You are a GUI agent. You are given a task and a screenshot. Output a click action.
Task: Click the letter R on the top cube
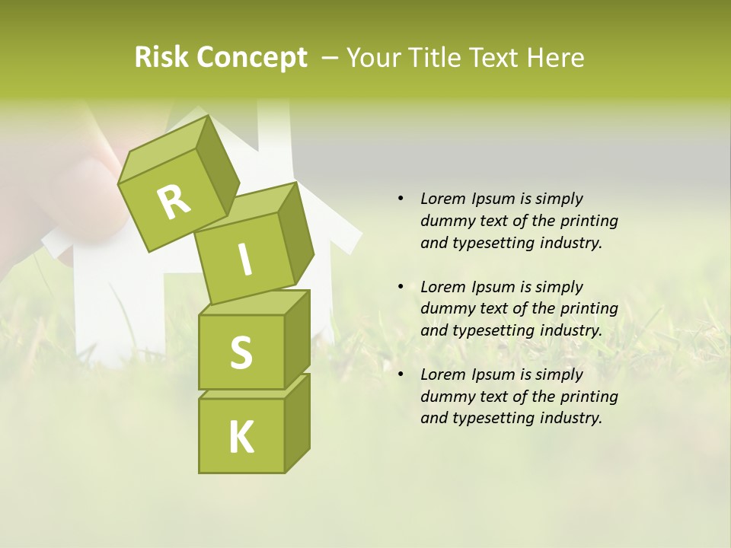(x=174, y=201)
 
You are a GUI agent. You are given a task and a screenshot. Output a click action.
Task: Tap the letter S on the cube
(x=241, y=352)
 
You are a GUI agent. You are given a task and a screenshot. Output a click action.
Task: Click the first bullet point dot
(x=401, y=199)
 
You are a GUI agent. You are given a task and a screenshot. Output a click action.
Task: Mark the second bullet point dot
(x=401, y=287)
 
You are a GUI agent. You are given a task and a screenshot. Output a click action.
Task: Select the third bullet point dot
(x=401, y=374)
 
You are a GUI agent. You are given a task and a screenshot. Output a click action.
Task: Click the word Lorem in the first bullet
(x=442, y=199)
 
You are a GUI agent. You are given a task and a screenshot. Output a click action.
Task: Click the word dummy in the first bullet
(x=445, y=221)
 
